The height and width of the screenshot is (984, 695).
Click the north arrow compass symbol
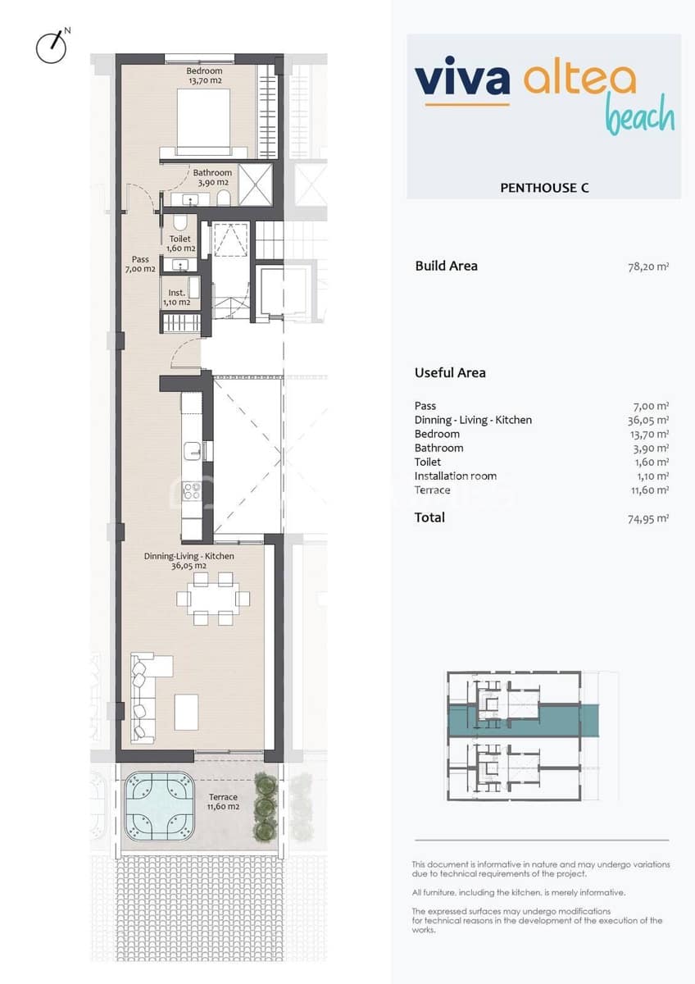click(51, 47)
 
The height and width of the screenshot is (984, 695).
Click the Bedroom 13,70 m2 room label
click(204, 76)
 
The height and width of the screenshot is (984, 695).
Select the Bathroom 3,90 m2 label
click(212, 177)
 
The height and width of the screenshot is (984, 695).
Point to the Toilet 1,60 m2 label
click(179, 244)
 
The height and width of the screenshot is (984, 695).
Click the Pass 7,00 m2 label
click(140, 264)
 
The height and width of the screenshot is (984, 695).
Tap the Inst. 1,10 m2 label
click(178, 298)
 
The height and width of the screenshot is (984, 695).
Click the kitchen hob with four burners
click(192, 491)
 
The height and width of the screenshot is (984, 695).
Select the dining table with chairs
click(212, 599)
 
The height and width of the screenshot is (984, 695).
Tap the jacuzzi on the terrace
click(160, 808)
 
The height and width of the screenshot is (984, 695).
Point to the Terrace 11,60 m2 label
click(223, 802)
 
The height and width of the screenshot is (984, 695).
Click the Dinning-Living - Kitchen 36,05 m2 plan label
click(189, 561)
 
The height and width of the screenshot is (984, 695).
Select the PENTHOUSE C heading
click(544, 188)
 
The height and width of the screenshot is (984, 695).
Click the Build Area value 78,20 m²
click(647, 266)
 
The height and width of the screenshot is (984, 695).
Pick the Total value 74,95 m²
click(647, 517)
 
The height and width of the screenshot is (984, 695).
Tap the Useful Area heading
click(450, 372)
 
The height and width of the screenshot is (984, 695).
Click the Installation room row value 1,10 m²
click(652, 476)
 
